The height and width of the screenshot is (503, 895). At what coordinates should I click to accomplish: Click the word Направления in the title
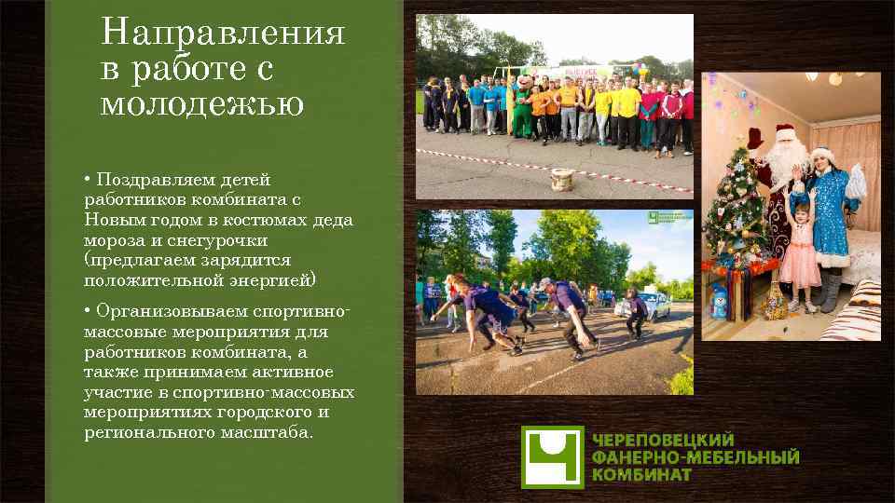223,34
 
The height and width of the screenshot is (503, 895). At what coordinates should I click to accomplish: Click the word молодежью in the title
202,104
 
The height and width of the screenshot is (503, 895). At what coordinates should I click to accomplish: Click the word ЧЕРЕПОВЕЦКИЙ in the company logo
663,440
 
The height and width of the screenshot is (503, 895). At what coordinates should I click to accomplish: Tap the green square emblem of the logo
552,456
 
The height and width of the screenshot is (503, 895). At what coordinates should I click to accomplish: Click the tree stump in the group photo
562,178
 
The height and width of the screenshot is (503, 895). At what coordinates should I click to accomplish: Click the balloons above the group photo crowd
640,70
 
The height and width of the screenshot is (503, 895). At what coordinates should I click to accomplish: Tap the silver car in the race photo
656,304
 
